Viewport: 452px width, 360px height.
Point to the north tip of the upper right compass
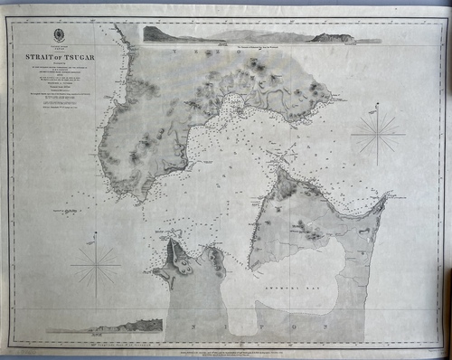(x=377, y=107)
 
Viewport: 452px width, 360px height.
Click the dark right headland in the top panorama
(x=331, y=37)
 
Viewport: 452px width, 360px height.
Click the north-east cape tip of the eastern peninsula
(x=387, y=195)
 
